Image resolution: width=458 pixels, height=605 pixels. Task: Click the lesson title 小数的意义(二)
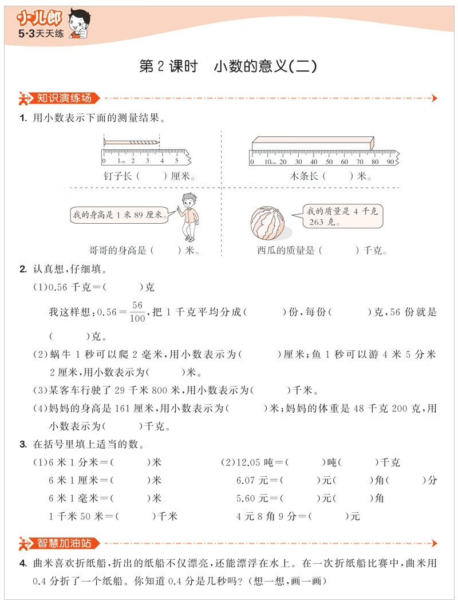click(264, 67)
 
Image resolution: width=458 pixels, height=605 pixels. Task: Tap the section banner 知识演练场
click(63, 98)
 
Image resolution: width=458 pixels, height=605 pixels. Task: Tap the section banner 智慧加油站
click(63, 543)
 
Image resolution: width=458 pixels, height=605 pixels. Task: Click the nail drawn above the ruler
click(131, 141)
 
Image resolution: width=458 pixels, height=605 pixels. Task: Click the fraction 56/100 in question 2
click(137, 312)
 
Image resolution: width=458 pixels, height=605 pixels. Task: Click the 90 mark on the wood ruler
click(389, 162)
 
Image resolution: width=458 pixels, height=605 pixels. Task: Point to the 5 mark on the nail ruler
click(176, 161)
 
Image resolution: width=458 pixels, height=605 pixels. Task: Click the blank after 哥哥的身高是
click(166, 250)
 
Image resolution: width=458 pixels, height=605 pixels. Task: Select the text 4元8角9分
click(265, 516)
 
